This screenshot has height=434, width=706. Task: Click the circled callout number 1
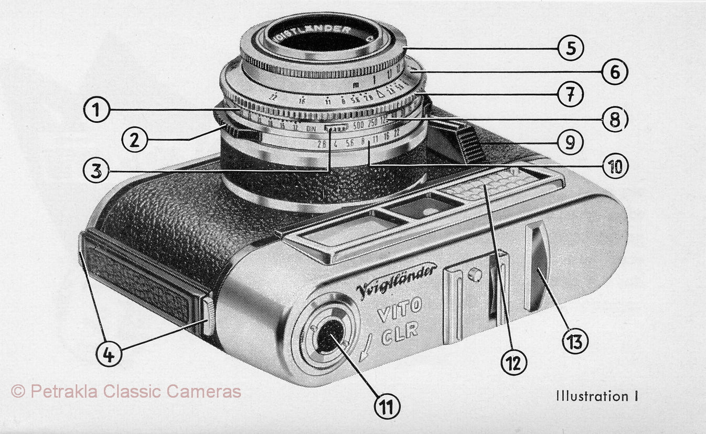pyautogui.click(x=97, y=111)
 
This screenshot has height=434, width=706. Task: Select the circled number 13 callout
pyautogui.click(x=574, y=342)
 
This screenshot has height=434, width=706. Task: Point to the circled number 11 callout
pyautogui.click(x=387, y=407)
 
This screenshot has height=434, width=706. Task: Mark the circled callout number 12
pyautogui.click(x=513, y=362)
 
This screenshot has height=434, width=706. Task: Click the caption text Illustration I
pyautogui.click(x=597, y=396)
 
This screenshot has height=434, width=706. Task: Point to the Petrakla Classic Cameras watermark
pyautogui.click(x=126, y=391)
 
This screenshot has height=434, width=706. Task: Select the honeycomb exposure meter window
pyautogui.click(x=488, y=184)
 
